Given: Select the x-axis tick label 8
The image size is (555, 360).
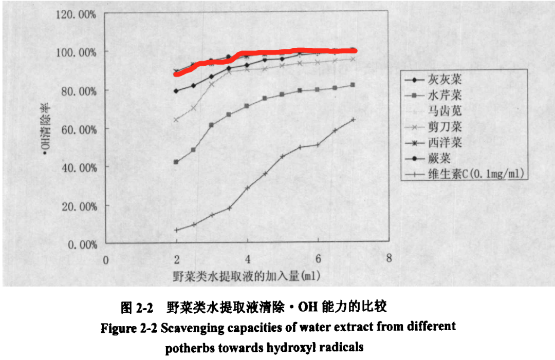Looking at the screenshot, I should [x=389, y=258].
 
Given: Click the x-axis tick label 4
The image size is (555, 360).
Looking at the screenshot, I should [x=248, y=258].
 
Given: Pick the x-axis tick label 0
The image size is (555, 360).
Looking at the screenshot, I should [x=106, y=259].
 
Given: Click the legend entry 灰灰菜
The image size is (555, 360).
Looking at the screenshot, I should [x=445, y=80].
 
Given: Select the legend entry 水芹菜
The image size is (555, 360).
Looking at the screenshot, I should [x=445, y=96].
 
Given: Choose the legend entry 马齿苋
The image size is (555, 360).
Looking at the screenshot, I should [x=445, y=111].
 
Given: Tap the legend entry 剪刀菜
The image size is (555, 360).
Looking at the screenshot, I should [x=445, y=126].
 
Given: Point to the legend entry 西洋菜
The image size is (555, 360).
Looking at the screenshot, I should [x=445, y=142].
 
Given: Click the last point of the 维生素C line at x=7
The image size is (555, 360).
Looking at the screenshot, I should [x=353, y=120].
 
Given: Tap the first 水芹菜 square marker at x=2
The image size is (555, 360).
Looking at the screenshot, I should [x=176, y=162].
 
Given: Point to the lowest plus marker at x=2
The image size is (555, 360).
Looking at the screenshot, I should [x=176, y=230].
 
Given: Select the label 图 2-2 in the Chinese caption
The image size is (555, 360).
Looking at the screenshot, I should [x=137, y=308].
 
